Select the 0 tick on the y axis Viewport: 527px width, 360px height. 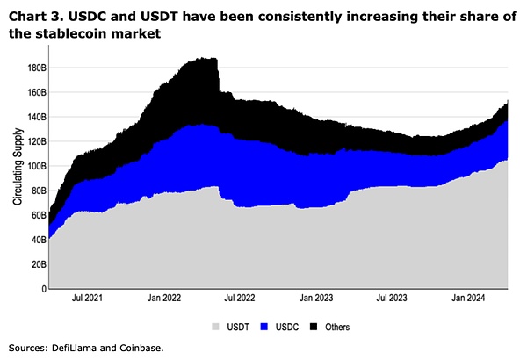(x=42, y=289)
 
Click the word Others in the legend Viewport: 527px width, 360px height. (x=336, y=327)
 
